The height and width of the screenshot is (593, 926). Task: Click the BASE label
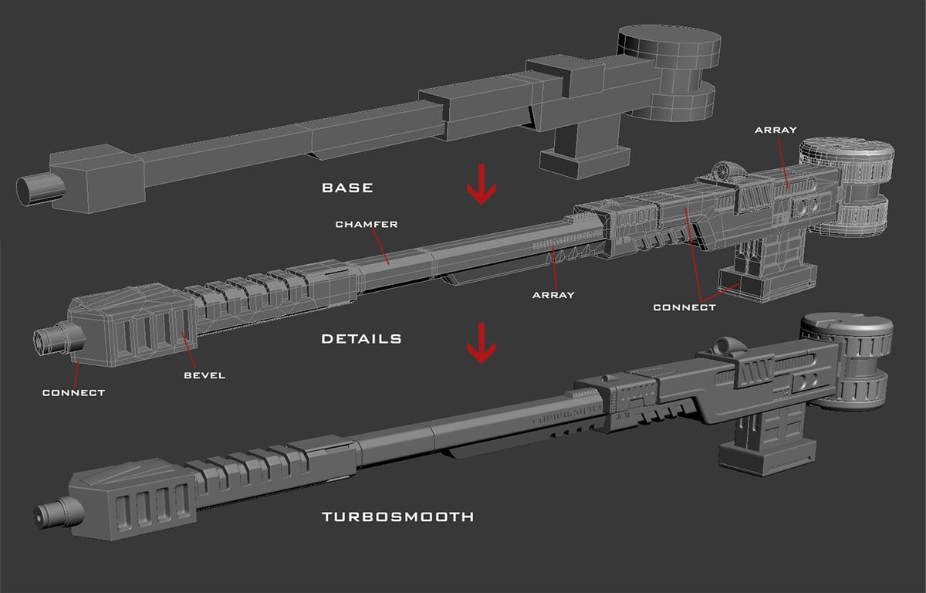347,188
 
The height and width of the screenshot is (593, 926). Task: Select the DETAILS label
361,338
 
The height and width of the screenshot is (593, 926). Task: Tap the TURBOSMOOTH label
397,516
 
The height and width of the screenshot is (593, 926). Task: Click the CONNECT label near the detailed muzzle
73,392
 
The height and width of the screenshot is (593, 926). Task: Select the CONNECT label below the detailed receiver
684,307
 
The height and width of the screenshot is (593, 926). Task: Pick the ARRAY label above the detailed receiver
776,130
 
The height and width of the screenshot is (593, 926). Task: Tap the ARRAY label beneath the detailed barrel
553,294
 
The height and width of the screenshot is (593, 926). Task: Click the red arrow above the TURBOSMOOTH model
482,343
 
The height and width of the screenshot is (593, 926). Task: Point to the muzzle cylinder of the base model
35,189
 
